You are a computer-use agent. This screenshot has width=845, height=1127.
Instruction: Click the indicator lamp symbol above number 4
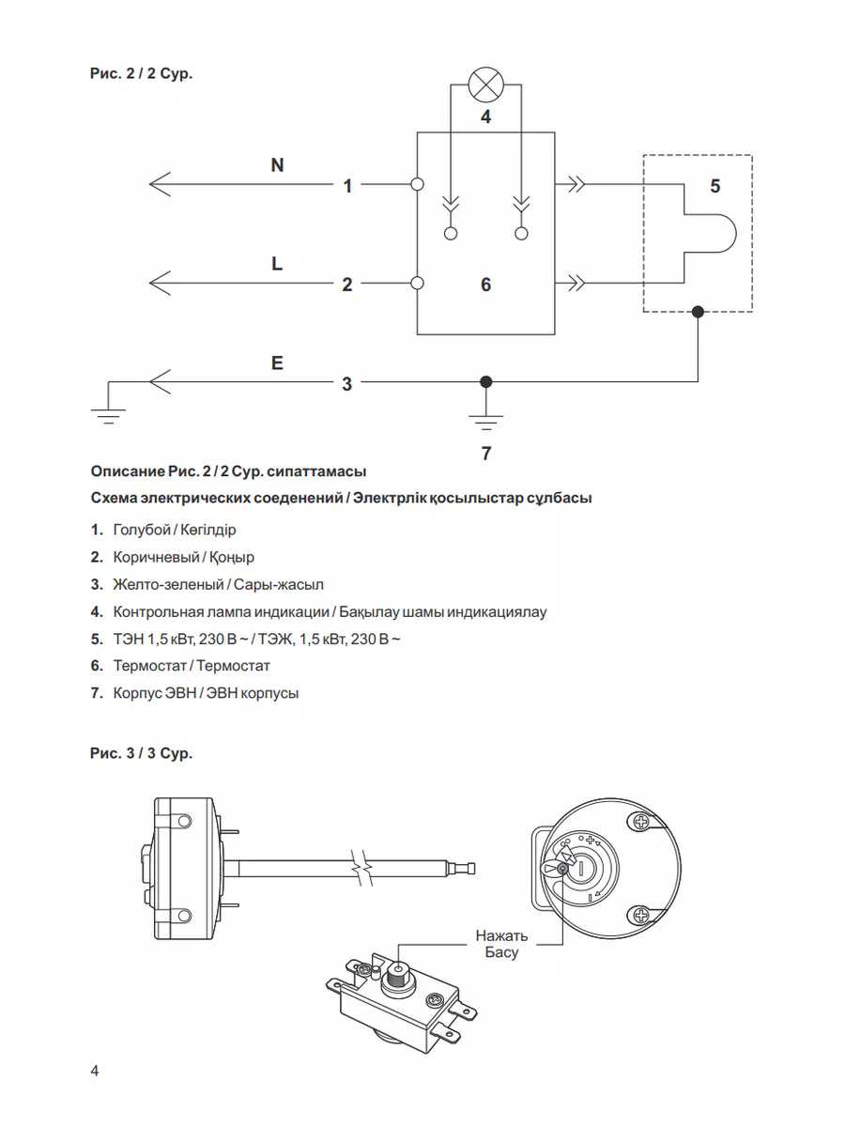point(485,85)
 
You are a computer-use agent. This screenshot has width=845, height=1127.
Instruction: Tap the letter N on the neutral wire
point(277,165)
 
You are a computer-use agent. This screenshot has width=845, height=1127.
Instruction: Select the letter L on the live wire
point(277,264)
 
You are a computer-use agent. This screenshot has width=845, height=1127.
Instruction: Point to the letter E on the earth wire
point(277,363)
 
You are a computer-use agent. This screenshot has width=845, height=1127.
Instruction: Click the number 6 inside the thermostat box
point(485,284)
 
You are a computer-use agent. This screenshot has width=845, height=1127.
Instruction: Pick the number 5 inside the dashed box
point(715,186)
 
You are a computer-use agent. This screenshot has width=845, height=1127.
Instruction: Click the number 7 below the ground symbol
point(485,454)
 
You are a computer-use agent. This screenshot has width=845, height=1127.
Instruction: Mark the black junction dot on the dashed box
point(698,312)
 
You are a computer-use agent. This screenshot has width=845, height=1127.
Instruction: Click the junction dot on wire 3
point(485,382)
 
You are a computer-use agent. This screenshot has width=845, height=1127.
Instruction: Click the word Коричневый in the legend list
point(151,557)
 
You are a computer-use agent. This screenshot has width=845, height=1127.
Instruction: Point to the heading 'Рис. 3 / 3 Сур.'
point(141,752)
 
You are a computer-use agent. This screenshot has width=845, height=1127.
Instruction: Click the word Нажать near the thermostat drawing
point(501,935)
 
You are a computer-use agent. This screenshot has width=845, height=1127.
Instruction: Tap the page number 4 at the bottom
point(95,1072)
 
